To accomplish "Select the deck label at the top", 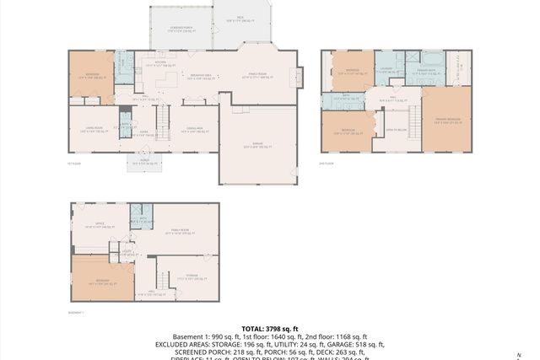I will (x=240, y=18).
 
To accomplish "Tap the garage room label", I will (x=257, y=144).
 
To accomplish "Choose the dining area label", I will (x=196, y=129).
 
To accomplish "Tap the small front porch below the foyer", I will (x=140, y=164).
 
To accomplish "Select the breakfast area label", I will (x=201, y=77).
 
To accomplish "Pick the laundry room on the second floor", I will (x=386, y=70).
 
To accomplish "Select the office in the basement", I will (x=99, y=226).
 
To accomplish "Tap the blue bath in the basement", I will (x=139, y=217).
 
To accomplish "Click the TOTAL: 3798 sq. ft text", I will (x=269, y=329).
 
